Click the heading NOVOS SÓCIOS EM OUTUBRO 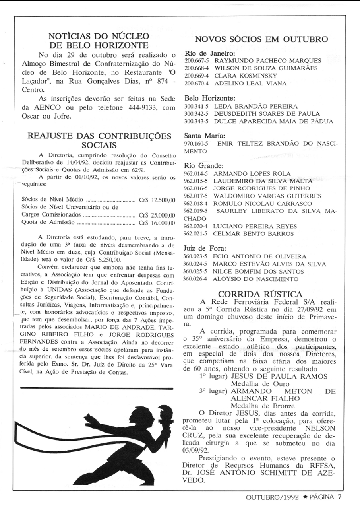tap(261, 39)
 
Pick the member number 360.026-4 tap(197, 279)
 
